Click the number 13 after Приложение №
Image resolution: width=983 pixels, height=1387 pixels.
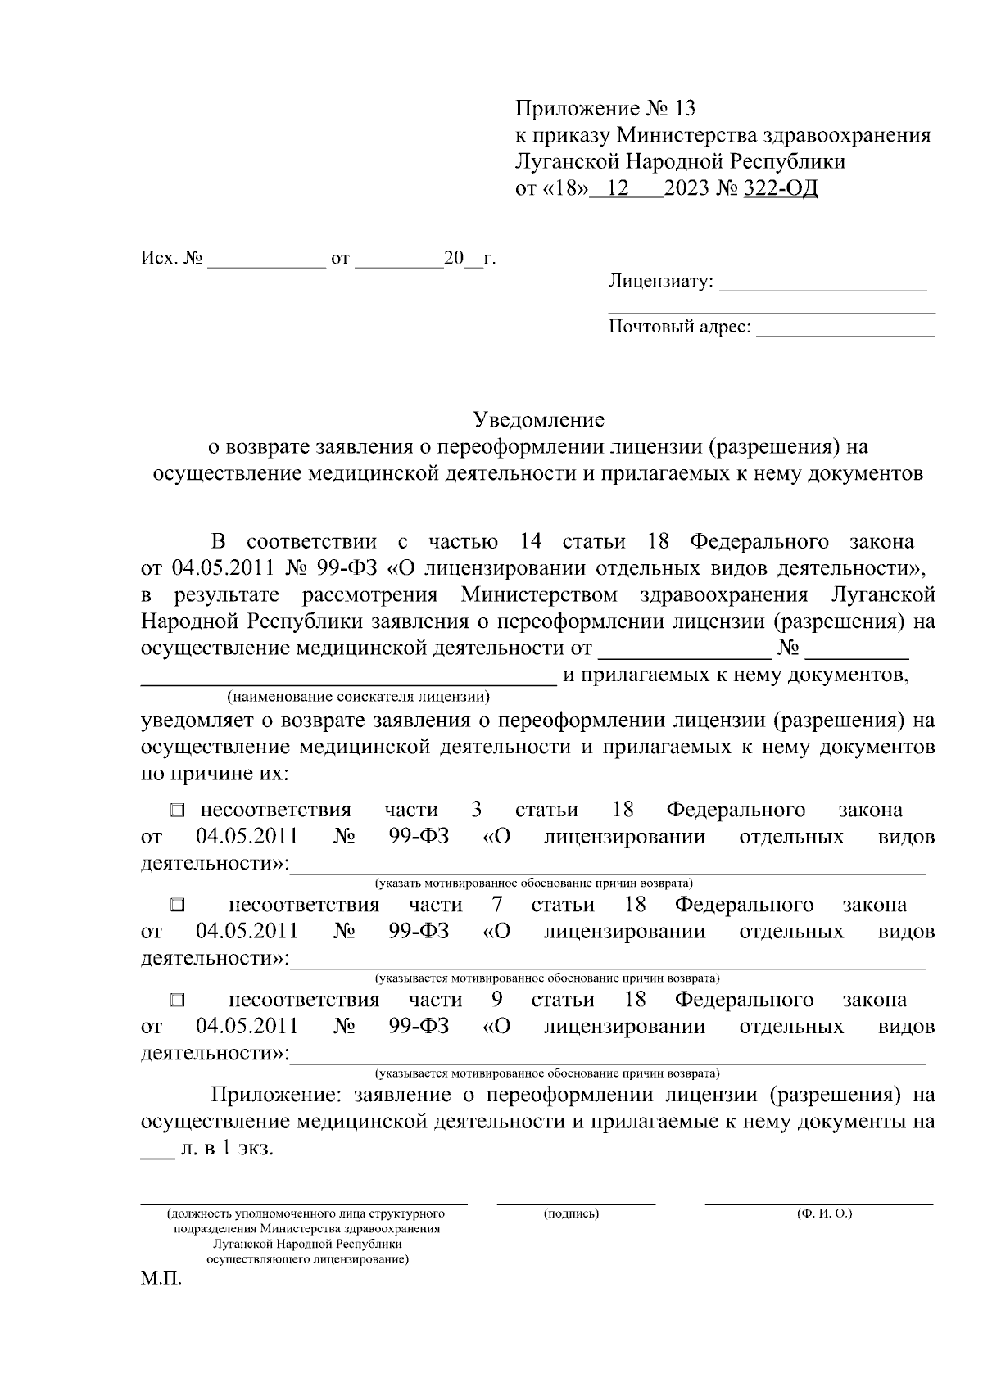click(683, 108)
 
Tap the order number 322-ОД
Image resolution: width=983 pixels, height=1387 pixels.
click(781, 189)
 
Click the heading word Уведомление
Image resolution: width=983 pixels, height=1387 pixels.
click(539, 420)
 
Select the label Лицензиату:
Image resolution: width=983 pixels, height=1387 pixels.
click(660, 282)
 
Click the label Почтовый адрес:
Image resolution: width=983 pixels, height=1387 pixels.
click(679, 328)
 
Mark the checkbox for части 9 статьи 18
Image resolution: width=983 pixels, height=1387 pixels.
click(178, 1001)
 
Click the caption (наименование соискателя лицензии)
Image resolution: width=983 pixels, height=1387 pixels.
click(359, 698)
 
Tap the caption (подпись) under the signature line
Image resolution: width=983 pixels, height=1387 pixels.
click(571, 1213)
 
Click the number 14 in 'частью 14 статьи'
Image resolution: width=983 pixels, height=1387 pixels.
click(532, 542)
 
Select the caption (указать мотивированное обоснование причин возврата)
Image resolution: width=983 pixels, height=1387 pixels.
click(534, 883)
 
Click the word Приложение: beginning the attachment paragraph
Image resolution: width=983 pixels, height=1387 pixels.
click(276, 1096)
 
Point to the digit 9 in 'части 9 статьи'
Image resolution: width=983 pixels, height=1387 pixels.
click(496, 1000)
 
